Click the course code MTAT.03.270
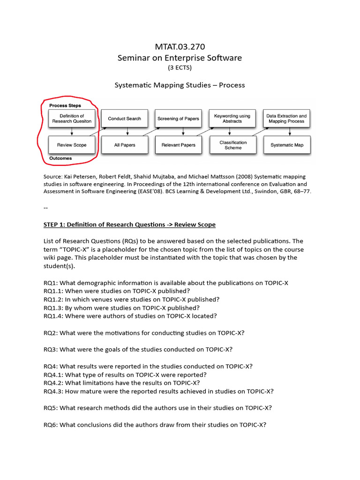tap(180, 46)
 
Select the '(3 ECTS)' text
tap(180, 68)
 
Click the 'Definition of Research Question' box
tap(72, 119)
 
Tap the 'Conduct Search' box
tap(124, 119)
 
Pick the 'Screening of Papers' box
tap(178, 119)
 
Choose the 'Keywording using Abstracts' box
tap(232, 119)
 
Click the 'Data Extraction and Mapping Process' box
tap(286, 119)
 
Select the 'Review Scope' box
tap(72, 145)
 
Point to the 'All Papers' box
tap(124, 145)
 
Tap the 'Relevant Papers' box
tap(178, 145)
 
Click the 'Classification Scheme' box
tap(232, 145)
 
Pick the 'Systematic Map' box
tap(286, 145)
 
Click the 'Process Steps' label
tap(65, 105)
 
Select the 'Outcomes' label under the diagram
tap(60, 158)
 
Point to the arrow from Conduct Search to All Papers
tap(124, 132)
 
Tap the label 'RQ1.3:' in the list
tap(53, 307)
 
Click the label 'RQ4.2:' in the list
tap(53, 383)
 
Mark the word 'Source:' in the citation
tap(54, 176)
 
